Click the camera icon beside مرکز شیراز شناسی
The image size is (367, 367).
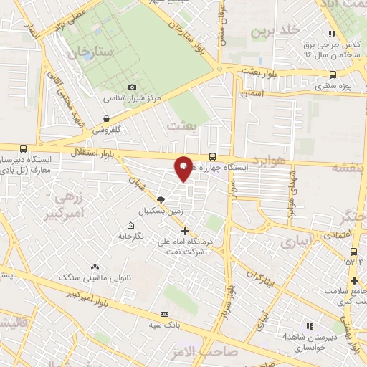click(x=132, y=87)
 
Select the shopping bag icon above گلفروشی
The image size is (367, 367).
click(x=107, y=119)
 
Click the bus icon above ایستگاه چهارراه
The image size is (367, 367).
click(x=211, y=156)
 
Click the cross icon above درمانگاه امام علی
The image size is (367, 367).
click(x=186, y=231)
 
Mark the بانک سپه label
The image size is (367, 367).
click(x=164, y=325)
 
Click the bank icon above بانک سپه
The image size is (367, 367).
click(x=165, y=314)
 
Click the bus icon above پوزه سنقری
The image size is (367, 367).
click(x=333, y=74)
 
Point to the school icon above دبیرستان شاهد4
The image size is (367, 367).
click(x=310, y=325)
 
